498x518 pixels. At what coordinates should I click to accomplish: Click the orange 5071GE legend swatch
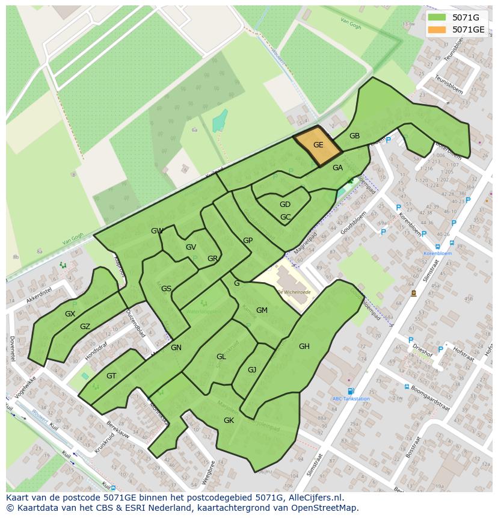(437, 29)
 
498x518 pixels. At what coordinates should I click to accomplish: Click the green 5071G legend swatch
(437, 17)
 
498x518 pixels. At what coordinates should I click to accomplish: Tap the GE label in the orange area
(318, 144)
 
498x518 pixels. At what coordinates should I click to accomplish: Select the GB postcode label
(354, 136)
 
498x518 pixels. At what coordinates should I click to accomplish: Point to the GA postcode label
(337, 168)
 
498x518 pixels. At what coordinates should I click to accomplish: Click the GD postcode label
(285, 205)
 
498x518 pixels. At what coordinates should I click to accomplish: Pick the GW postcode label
(157, 231)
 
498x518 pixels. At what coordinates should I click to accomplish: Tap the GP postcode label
(248, 241)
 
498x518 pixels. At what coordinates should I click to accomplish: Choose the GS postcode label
(167, 289)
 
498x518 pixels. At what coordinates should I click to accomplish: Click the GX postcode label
(70, 314)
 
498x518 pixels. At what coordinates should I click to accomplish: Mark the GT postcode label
(111, 376)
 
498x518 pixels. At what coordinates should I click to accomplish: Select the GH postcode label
(304, 346)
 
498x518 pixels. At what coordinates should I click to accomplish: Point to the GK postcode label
(229, 421)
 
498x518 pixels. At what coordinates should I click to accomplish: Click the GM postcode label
(262, 310)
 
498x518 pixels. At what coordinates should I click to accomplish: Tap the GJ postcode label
(252, 370)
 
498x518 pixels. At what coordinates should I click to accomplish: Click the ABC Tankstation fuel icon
(351, 391)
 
